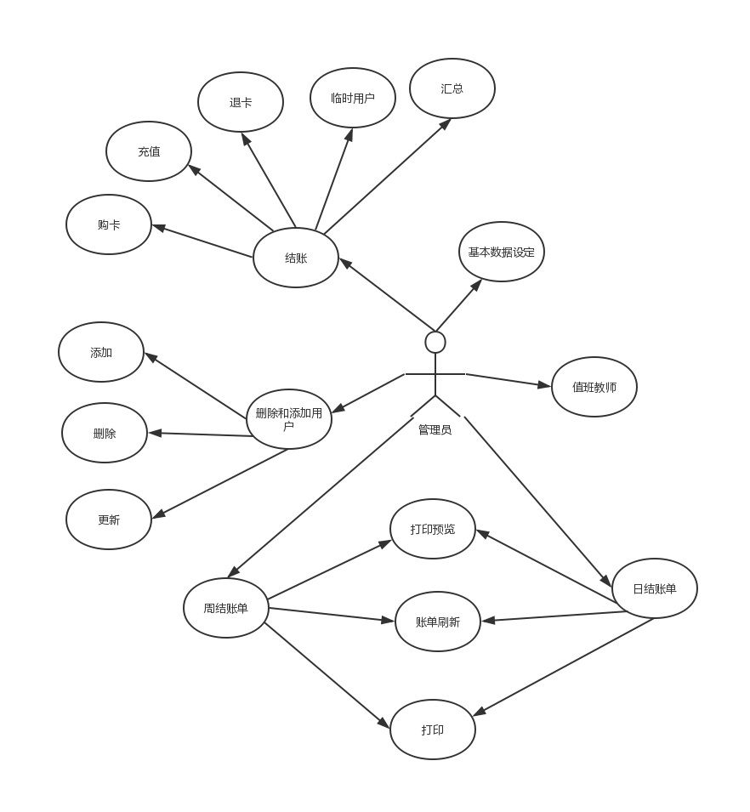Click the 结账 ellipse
[x=296, y=258]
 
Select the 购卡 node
[x=109, y=225]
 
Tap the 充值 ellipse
[x=149, y=151]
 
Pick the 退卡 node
[x=241, y=102]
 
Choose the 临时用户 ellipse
[x=353, y=98]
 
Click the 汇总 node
[x=452, y=88]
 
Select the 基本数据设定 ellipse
[x=502, y=252]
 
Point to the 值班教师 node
[x=594, y=387]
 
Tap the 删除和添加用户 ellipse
[x=289, y=419]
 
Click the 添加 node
[x=101, y=353]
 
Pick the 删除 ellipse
[x=105, y=433]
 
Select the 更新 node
[x=109, y=520]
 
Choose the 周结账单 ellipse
[x=226, y=608]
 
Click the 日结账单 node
[x=655, y=588]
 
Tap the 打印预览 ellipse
[x=433, y=529]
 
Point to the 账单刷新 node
[x=438, y=622]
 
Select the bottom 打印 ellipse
[x=433, y=730]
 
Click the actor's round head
[x=435, y=342]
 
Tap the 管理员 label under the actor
[x=435, y=430]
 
